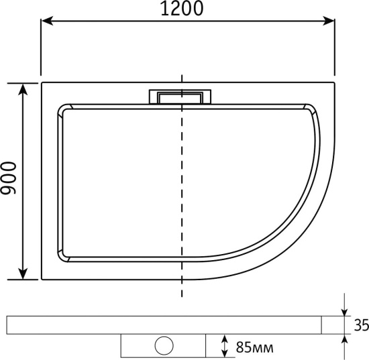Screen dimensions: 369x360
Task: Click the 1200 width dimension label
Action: pyautogui.click(x=181, y=9)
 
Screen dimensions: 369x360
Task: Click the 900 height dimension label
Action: pyautogui.click(x=9, y=178)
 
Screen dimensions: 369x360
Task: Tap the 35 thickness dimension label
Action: pyautogui.click(x=362, y=325)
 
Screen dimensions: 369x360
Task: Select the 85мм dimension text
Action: pyautogui.click(x=255, y=347)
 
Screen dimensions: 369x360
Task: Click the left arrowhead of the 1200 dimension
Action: pyautogui.click(x=47, y=21)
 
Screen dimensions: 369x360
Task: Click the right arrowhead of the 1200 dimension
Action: pyautogui.click(x=329, y=21)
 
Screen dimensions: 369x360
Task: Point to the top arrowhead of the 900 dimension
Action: pyautogui.click(x=23, y=89)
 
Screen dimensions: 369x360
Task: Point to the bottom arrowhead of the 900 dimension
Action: pyautogui.click(x=23, y=274)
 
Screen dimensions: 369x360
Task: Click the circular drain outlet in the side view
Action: pyautogui.click(x=164, y=345)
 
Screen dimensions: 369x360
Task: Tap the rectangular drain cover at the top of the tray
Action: pyautogui.click(x=180, y=97)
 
